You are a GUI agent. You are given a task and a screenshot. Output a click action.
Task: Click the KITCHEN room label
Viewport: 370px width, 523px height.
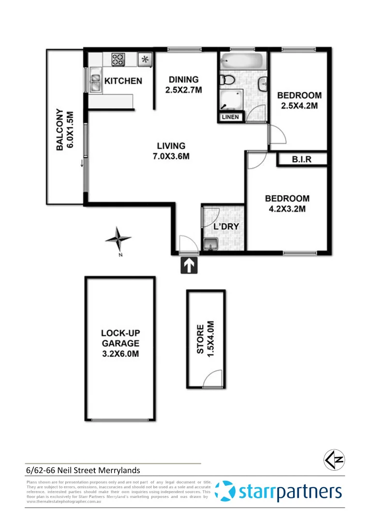tap(123, 81)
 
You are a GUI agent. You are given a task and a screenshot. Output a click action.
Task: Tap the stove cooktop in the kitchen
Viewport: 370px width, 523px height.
tap(118, 60)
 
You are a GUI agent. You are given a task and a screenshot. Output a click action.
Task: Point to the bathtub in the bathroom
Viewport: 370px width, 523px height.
tap(242, 62)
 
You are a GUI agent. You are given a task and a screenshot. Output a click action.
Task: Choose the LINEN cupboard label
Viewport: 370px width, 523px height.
tap(231, 117)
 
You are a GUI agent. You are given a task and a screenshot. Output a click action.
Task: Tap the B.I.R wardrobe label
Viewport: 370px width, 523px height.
tap(301, 159)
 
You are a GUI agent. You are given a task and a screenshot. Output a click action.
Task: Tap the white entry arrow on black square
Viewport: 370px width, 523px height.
tap(189, 265)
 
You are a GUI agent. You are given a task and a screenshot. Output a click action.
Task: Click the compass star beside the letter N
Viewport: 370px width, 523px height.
tap(118, 238)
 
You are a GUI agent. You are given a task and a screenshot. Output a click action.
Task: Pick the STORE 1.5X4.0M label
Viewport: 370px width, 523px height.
tap(205, 339)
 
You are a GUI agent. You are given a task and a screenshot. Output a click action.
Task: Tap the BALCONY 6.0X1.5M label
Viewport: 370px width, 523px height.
tap(65, 131)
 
